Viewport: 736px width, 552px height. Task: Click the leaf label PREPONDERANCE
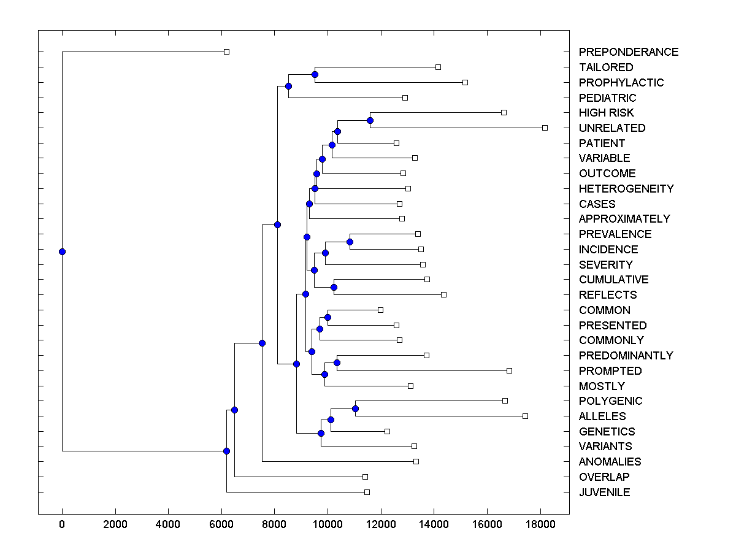point(628,52)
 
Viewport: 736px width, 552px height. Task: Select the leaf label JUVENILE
point(604,493)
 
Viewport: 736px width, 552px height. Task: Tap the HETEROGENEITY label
point(626,189)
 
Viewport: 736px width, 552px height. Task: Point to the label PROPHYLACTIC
point(621,83)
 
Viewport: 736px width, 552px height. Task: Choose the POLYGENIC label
point(610,401)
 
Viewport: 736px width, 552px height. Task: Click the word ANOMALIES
point(610,462)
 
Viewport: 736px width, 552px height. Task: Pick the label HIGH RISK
point(606,113)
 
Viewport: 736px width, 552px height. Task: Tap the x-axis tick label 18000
point(540,524)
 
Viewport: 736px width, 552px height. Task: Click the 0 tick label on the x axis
point(62,524)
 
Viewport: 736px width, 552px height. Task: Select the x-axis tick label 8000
point(274,524)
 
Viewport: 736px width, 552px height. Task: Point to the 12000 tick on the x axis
point(380,524)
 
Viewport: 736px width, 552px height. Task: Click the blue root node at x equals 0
point(62,251)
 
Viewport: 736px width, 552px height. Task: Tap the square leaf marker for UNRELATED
point(545,128)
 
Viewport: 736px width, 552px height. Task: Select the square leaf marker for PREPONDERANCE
point(226,52)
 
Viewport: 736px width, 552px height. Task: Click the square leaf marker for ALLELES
point(525,416)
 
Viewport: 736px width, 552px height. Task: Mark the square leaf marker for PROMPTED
point(509,370)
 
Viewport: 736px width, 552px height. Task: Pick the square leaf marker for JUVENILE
point(367,492)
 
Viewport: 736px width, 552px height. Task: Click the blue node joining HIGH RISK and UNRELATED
point(370,120)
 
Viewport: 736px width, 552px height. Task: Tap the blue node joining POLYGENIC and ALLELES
point(355,408)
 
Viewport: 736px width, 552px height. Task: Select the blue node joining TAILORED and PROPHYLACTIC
point(315,74)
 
